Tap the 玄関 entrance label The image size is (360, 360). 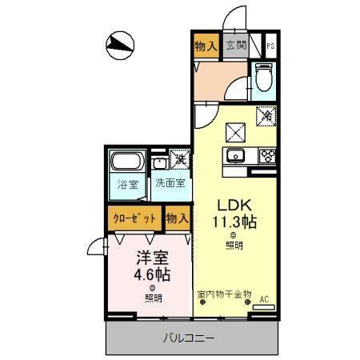235,46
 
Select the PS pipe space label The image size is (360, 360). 272,46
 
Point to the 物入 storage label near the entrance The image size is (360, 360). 206,46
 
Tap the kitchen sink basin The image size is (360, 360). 236,155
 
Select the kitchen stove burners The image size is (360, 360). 267,155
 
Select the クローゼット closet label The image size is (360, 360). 133,218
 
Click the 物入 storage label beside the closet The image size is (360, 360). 177,218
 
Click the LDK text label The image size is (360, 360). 233,204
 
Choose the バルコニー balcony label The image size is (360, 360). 190,338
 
